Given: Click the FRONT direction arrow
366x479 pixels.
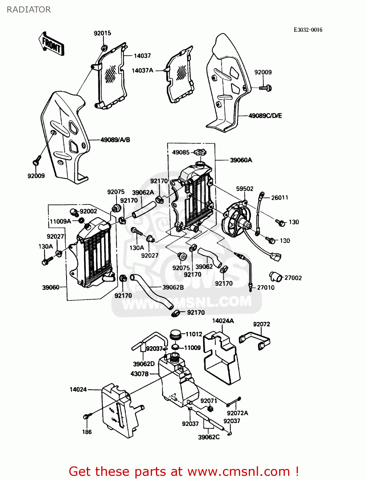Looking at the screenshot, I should pyautogui.click(x=51, y=44).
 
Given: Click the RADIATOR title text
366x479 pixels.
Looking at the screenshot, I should pyautogui.click(x=28, y=10).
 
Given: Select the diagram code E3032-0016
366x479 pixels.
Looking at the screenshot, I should pyautogui.click(x=308, y=30).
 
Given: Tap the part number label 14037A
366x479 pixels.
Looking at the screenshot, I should pyautogui.click(x=142, y=70).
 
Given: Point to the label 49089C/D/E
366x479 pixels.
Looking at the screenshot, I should pyautogui.click(x=265, y=116).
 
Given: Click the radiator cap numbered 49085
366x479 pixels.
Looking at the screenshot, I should pyautogui.click(x=200, y=152).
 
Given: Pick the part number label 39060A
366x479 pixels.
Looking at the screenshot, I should pyautogui.click(x=241, y=160).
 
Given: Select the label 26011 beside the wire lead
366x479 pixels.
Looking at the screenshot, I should pyautogui.click(x=279, y=198).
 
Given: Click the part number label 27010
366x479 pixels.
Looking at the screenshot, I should pyautogui.click(x=265, y=287).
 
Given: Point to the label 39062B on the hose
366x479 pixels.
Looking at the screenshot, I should pyautogui.click(x=173, y=287).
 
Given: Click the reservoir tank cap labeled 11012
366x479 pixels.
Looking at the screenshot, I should pyautogui.click(x=176, y=335).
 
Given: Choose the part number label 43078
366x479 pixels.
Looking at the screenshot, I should pyautogui.click(x=139, y=374).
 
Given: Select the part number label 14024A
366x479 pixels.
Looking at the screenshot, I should pyautogui.click(x=223, y=321).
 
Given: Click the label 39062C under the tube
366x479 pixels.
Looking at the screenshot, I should pyautogui.click(x=209, y=437).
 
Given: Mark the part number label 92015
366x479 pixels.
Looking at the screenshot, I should pyautogui.click(x=102, y=33).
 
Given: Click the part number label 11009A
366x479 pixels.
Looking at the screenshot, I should pyautogui.click(x=60, y=221).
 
